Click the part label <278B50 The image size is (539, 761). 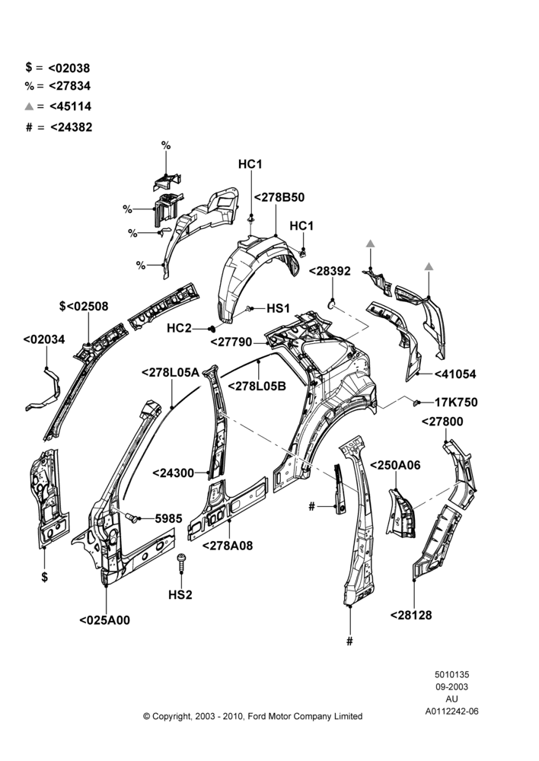click(x=279, y=198)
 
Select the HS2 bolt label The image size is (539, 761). click(x=180, y=594)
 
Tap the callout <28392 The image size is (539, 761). click(x=330, y=272)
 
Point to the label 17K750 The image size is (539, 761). click(x=456, y=403)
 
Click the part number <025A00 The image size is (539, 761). click(x=105, y=620)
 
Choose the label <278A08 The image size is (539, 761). click(x=228, y=546)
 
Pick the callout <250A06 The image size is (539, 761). click(x=395, y=466)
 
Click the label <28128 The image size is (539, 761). click(x=411, y=615)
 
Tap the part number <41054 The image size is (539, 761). click(x=455, y=374)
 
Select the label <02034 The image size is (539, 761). click(x=43, y=339)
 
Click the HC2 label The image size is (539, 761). click(x=179, y=329)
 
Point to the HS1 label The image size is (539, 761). click(x=278, y=309)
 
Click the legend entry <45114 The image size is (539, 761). click(x=70, y=107)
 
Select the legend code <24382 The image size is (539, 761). click(x=71, y=127)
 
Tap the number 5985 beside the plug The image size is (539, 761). click(x=168, y=519)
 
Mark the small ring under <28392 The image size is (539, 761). click(x=332, y=304)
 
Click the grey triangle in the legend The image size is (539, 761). click(x=29, y=107)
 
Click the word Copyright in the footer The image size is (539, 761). click(x=171, y=716)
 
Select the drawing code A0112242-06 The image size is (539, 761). click(x=452, y=712)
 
